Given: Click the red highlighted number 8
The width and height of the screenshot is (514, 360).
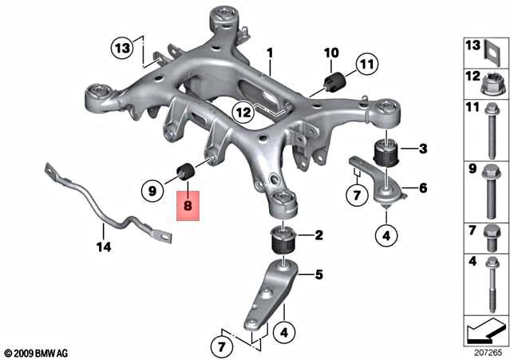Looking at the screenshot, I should tap(188, 207).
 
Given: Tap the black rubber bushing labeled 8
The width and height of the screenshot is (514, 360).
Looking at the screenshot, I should tap(188, 171).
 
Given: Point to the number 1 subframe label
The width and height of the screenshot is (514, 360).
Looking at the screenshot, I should tap(270, 53).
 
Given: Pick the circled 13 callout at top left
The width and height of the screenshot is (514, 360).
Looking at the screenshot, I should tap(121, 49).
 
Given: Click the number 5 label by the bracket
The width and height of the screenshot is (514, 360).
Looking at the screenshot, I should tap(318, 275).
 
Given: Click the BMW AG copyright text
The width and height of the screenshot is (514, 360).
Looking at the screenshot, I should tap(38, 351).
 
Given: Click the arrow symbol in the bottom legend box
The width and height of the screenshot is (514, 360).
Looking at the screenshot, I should tap(484, 328).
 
